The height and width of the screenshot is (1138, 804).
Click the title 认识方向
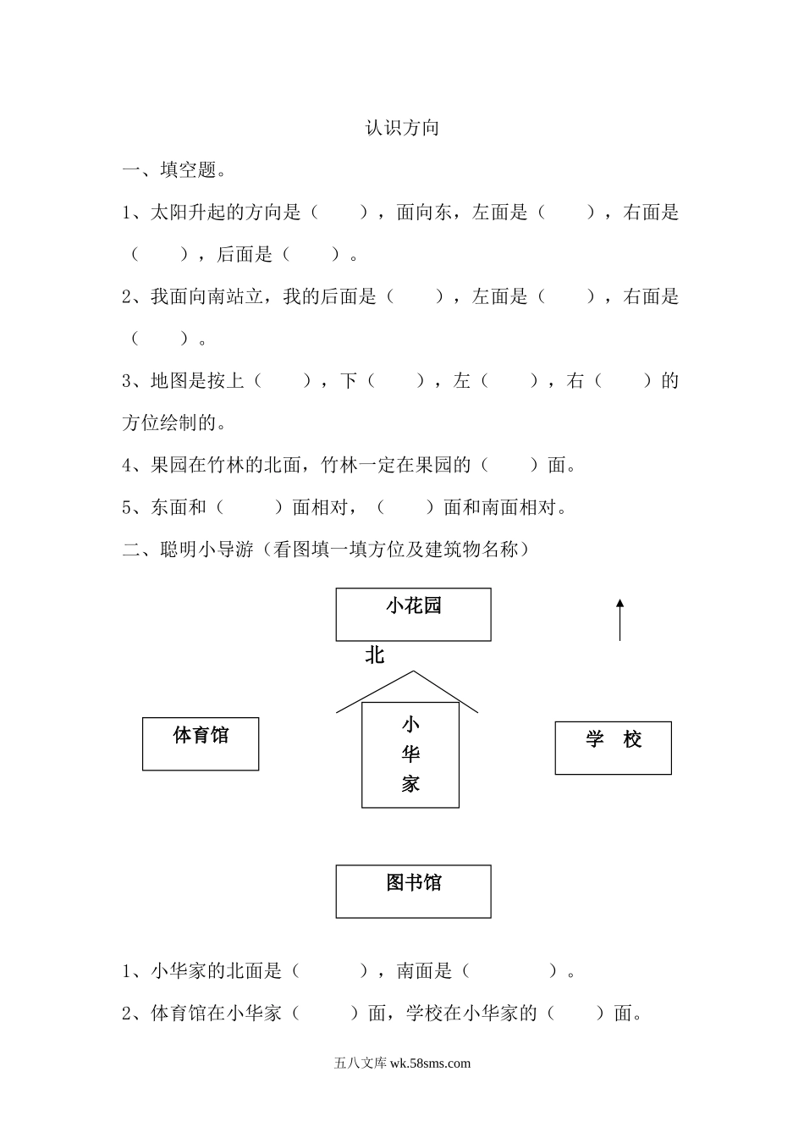coord(402,128)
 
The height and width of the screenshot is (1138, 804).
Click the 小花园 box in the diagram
coord(413,615)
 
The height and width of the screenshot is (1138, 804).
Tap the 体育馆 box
coord(201,744)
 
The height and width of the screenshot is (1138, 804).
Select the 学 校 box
coord(613,748)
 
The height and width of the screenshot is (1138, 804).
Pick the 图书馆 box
coord(413,891)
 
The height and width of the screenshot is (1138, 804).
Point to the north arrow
coord(620,619)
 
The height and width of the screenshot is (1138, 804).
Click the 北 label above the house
coord(375,655)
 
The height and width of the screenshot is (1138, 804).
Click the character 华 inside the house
coord(411,754)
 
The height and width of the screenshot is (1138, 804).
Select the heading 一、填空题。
coord(174,170)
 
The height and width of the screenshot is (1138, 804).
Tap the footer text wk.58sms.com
coord(431,1063)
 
